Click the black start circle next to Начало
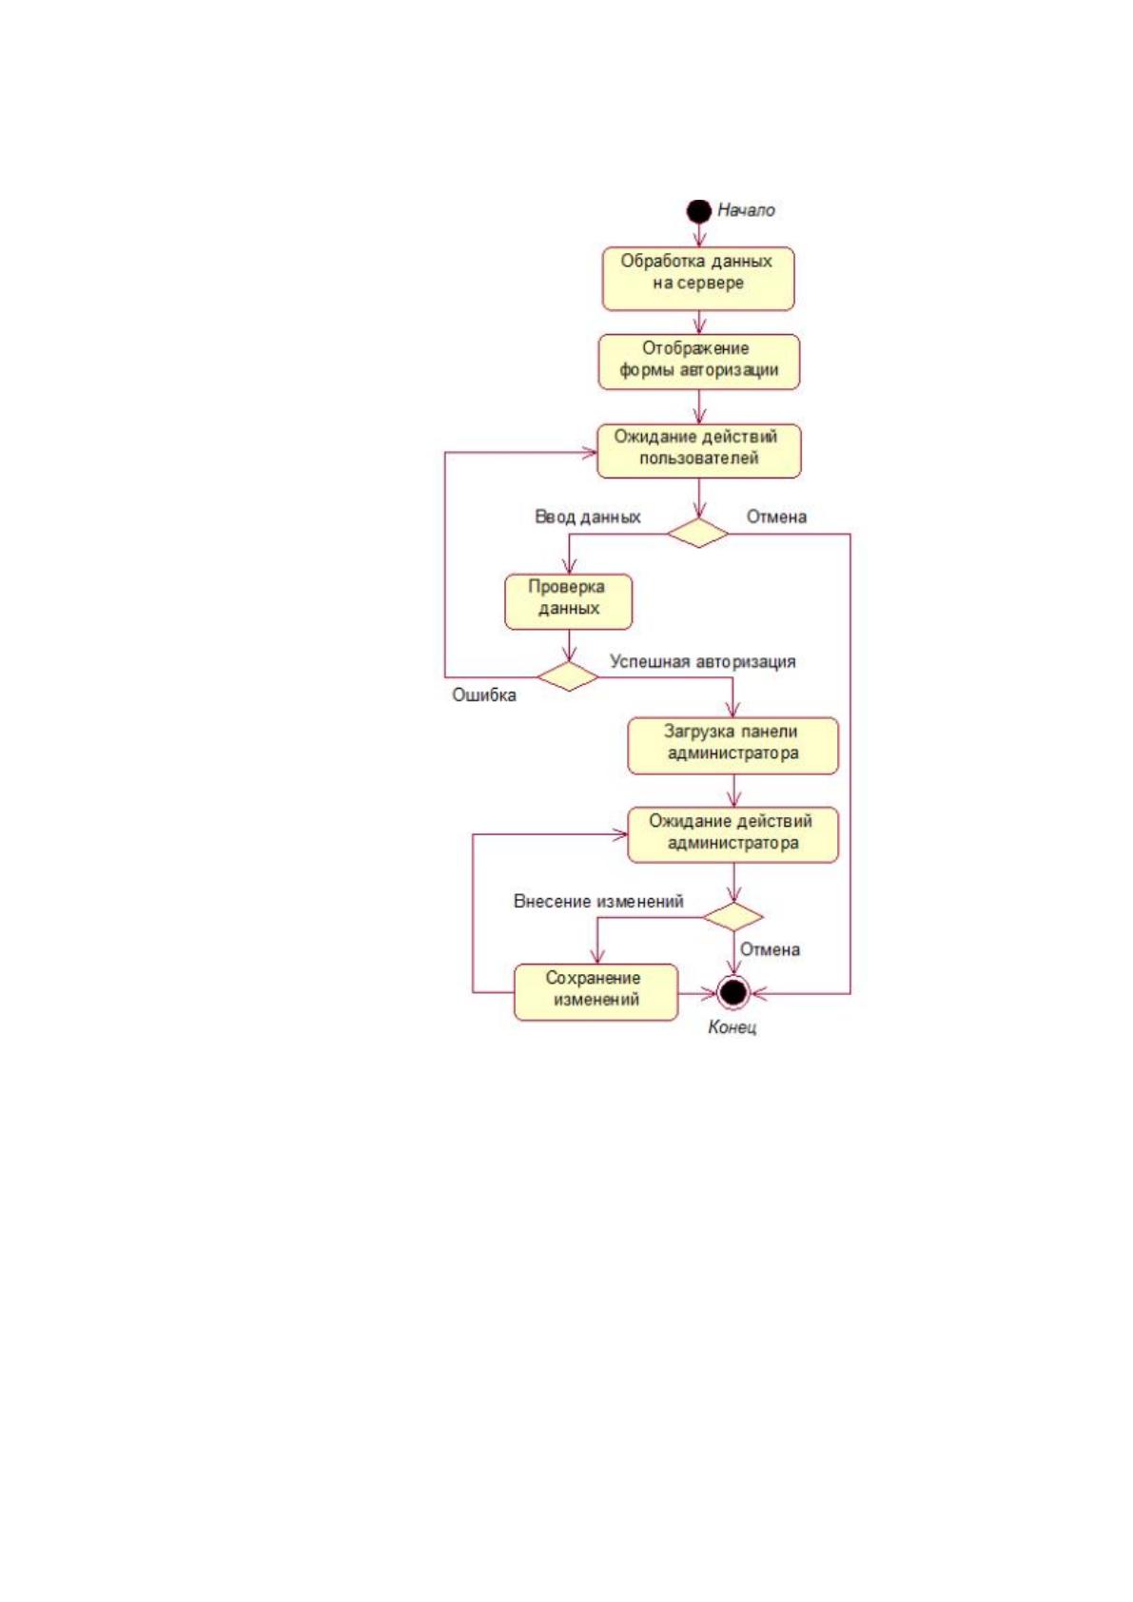[698, 211]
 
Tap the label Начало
[746, 210]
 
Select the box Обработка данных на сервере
[698, 279]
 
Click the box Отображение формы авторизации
[699, 361]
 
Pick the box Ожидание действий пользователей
[699, 451]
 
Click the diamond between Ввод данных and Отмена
[698, 533]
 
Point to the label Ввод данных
[587, 517]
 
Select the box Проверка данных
[569, 601]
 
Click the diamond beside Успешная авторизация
[568, 675]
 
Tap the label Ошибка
[484, 695]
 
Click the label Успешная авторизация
[702, 661]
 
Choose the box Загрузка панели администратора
[733, 746]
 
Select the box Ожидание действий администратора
[733, 835]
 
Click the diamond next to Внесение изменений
[733, 916]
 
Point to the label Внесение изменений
[598, 901]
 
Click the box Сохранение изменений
[596, 992]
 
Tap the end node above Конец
[733, 992]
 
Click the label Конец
[733, 1027]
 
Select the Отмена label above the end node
[770, 949]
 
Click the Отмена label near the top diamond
[777, 517]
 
